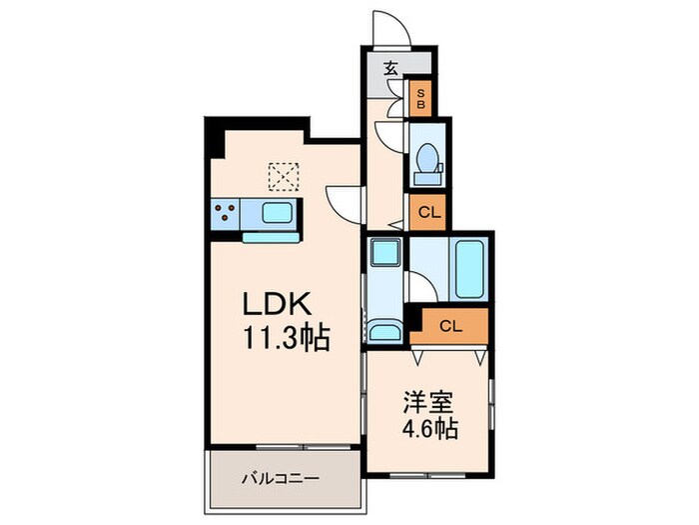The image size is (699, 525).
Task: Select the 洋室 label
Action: click(428, 405)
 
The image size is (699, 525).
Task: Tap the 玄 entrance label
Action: click(390, 70)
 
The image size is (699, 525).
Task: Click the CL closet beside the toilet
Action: click(427, 211)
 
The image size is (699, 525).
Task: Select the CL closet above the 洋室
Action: click(450, 325)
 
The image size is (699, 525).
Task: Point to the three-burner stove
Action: click(225, 213)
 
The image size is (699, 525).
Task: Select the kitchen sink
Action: click(278, 213)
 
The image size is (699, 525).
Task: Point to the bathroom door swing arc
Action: click(419, 290)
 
